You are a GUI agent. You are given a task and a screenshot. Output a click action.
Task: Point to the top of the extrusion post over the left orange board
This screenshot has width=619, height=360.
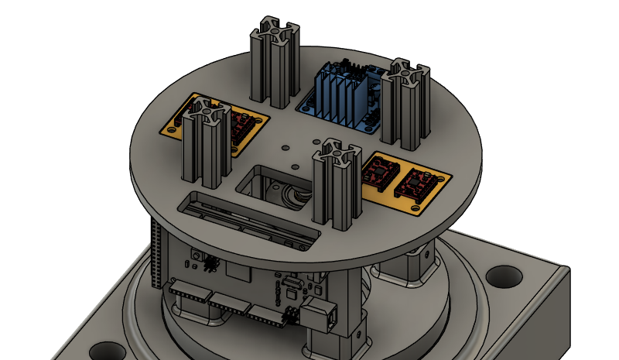point(204,119)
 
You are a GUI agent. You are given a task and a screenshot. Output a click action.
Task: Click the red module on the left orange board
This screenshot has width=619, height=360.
point(240,126)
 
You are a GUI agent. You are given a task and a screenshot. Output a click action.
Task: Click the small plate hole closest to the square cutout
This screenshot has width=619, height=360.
point(294,166)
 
